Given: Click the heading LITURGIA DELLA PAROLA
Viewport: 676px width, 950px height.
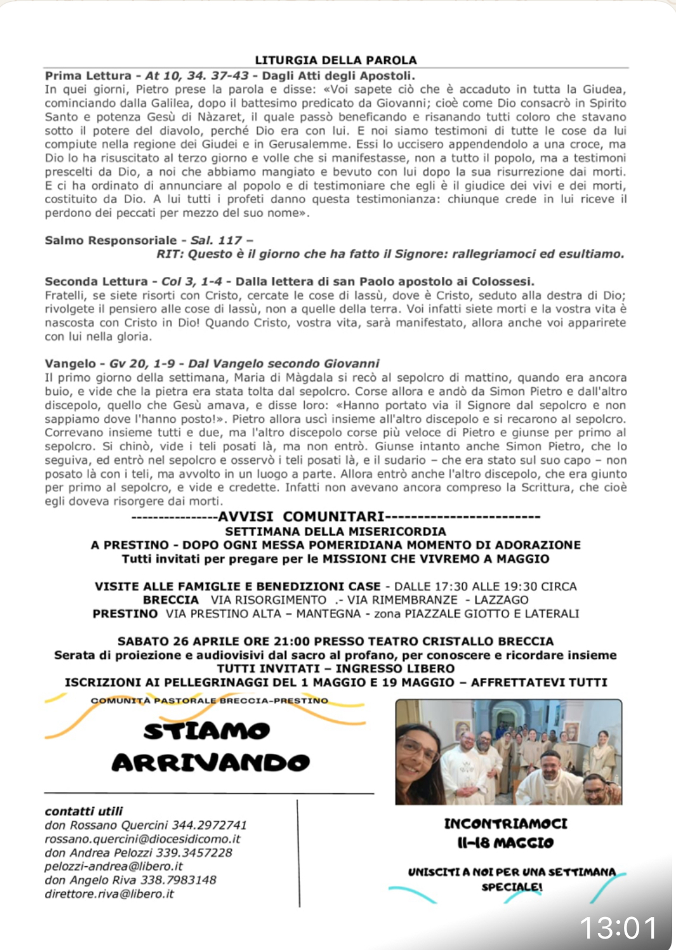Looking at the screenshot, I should click(336, 60).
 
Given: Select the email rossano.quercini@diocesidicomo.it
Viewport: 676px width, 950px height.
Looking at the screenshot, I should click(142, 839).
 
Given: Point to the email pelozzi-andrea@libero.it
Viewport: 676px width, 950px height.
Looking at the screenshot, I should click(114, 866).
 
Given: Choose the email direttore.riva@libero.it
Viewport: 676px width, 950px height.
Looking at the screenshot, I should click(109, 894).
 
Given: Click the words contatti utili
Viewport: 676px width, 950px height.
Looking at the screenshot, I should click(84, 811).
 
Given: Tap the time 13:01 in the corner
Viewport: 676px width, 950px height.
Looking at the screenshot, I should click(619, 928).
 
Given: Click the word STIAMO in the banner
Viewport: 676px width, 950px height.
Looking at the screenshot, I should click(207, 732).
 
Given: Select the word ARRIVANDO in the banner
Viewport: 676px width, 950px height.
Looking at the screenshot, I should click(211, 763).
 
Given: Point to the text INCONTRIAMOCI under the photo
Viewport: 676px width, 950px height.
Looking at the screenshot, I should click(506, 824).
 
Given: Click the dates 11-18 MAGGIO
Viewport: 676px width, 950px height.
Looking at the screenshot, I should click(506, 843).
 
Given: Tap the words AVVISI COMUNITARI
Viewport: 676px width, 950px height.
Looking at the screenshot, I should click(301, 517).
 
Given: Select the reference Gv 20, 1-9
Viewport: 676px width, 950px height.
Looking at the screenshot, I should click(142, 364).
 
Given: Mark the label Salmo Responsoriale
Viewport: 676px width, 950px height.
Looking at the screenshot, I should click(110, 241).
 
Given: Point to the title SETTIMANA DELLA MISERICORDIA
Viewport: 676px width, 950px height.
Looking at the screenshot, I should click(336, 532).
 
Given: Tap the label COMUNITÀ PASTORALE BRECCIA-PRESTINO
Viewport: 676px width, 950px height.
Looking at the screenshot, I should click(209, 701).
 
